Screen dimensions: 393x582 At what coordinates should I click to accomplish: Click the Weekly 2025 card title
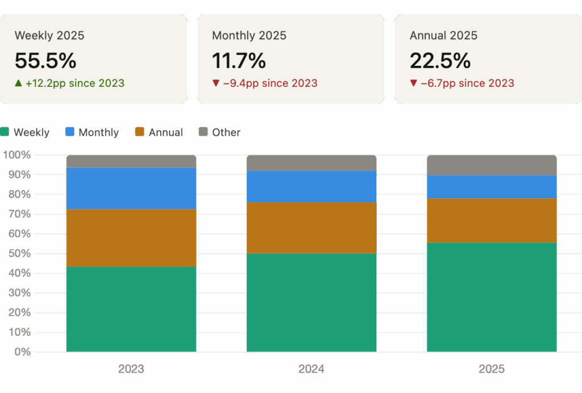[x=49, y=35]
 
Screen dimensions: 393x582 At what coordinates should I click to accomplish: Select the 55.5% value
[x=45, y=60]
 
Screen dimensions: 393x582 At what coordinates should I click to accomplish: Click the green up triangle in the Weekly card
[x=19, y=83]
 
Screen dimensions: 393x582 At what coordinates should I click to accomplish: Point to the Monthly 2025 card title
[x=249, y=35]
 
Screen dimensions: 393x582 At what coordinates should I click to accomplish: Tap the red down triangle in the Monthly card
[x=215, y=83]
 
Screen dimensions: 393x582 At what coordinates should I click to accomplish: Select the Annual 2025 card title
[x=443, y=35]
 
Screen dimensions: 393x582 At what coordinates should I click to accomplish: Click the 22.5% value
[x=440, y=60]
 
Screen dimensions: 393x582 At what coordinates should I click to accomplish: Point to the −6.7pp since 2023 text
[x=467, y=83]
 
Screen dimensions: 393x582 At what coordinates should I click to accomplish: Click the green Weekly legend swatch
[x=5, y=132]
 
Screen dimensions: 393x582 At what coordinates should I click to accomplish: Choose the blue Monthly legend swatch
[x=70, y=132]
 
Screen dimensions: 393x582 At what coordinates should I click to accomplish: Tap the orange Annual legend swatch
[x=140, y=132]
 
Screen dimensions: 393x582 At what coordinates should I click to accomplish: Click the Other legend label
[x=226, y=132]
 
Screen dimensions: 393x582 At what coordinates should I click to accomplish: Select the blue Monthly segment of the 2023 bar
[x=131, y=188]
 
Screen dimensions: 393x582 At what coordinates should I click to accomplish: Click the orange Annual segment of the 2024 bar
[x=311, y=228]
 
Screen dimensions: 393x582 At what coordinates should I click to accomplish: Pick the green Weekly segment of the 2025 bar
[x=492, y=297]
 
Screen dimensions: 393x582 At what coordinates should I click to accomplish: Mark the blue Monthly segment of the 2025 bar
[x=492, y=187]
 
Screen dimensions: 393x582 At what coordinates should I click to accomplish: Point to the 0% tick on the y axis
[x=23, y=352]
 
